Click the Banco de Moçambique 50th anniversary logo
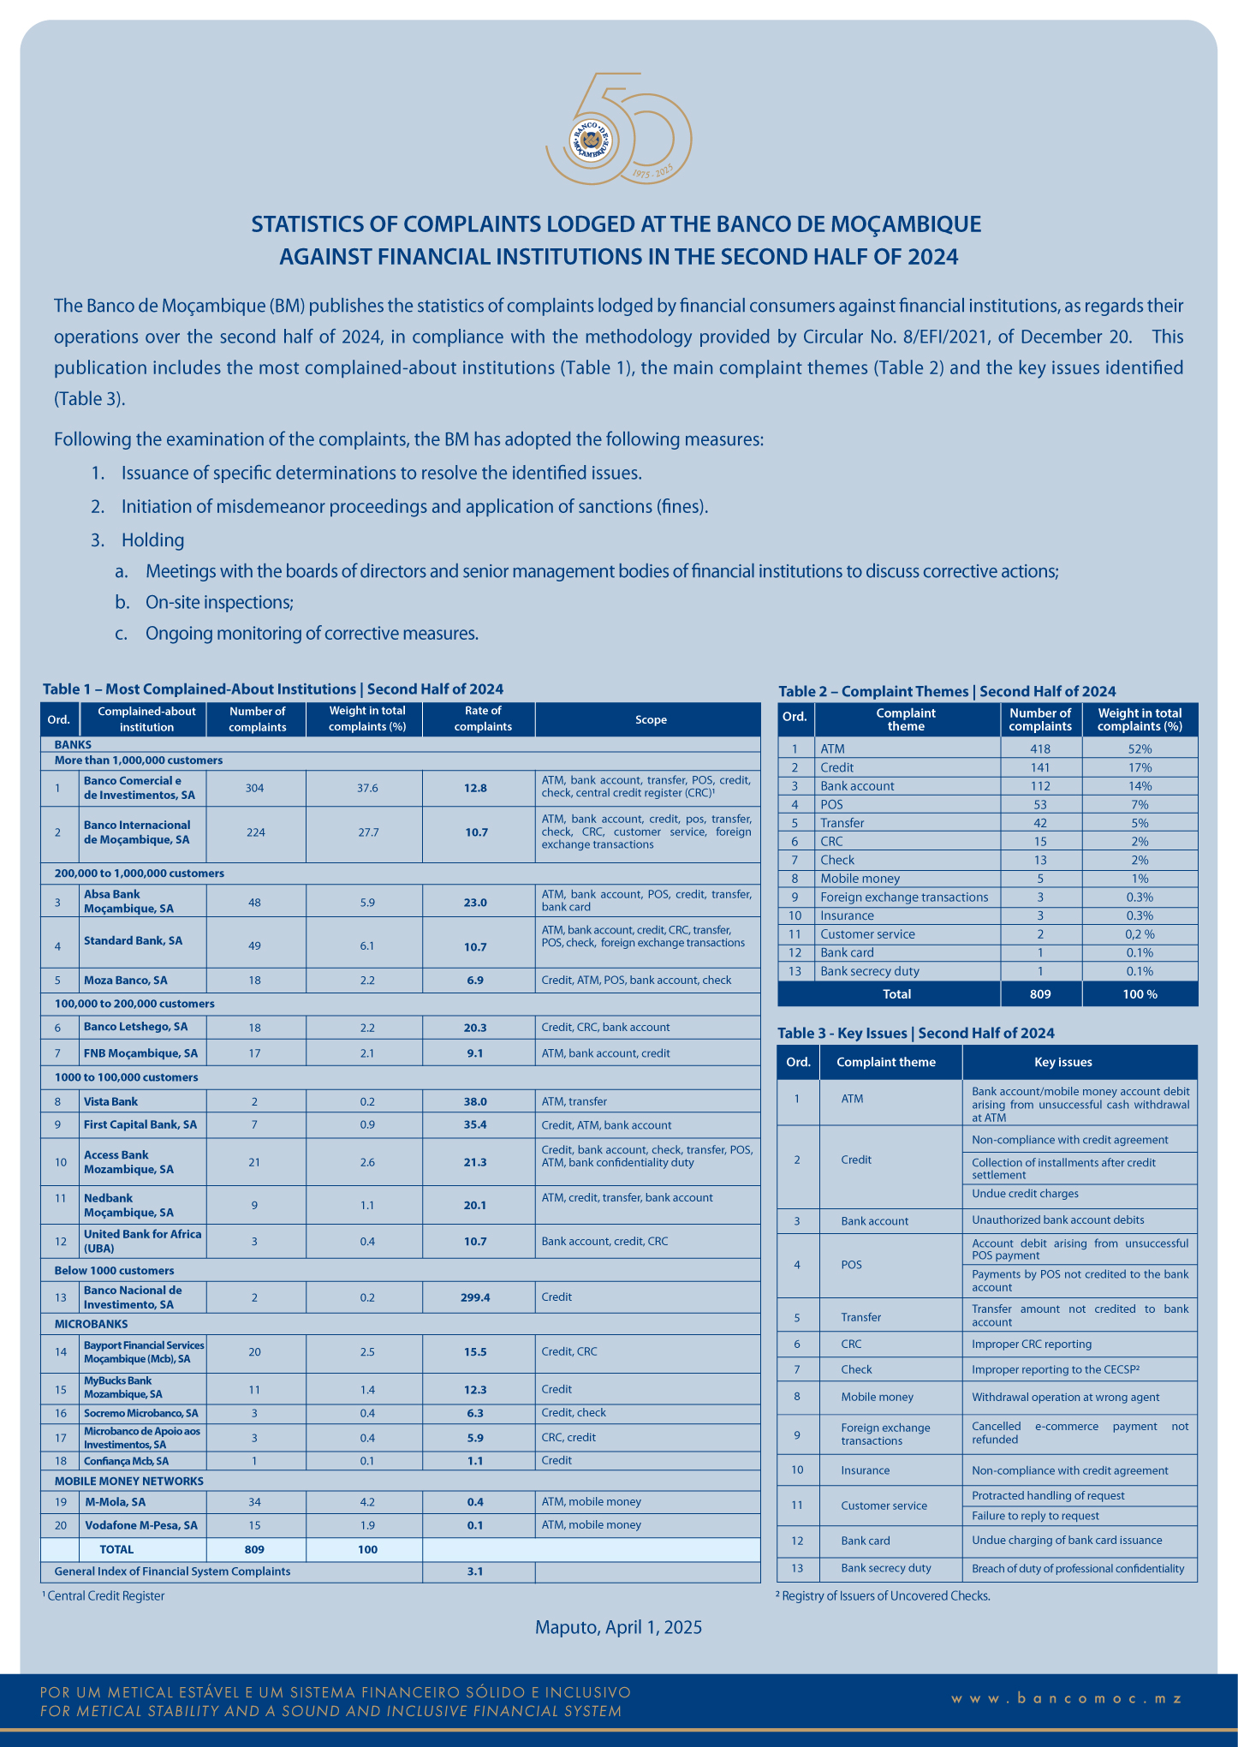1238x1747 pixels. (x=618, y=130)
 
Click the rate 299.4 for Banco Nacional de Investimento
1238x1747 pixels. (x=475, y=1297)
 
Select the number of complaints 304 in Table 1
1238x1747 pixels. (x=255, y=788)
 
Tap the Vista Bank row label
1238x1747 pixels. (x=110, y=1101)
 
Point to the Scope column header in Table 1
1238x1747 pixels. (x=651, y=719)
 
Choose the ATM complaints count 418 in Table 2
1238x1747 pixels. (x=1040, y=748)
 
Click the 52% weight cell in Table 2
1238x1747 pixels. (x=1140, y=748)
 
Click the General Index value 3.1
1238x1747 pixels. (x=475, y=1571)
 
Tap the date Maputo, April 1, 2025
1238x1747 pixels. (x=618, y=1627)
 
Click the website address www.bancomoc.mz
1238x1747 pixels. (x=1067, y=1698)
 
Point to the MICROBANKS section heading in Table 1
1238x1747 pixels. (x=91, y=1323)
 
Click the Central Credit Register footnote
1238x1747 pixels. (x=104, y=1595)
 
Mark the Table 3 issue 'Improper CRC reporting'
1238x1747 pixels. (x=1032, y=1344)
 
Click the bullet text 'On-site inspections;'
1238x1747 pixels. (x=219, y=602)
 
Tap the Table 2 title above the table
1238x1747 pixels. (x=947, y=691)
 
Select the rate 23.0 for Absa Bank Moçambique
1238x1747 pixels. (x=475, y=902)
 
